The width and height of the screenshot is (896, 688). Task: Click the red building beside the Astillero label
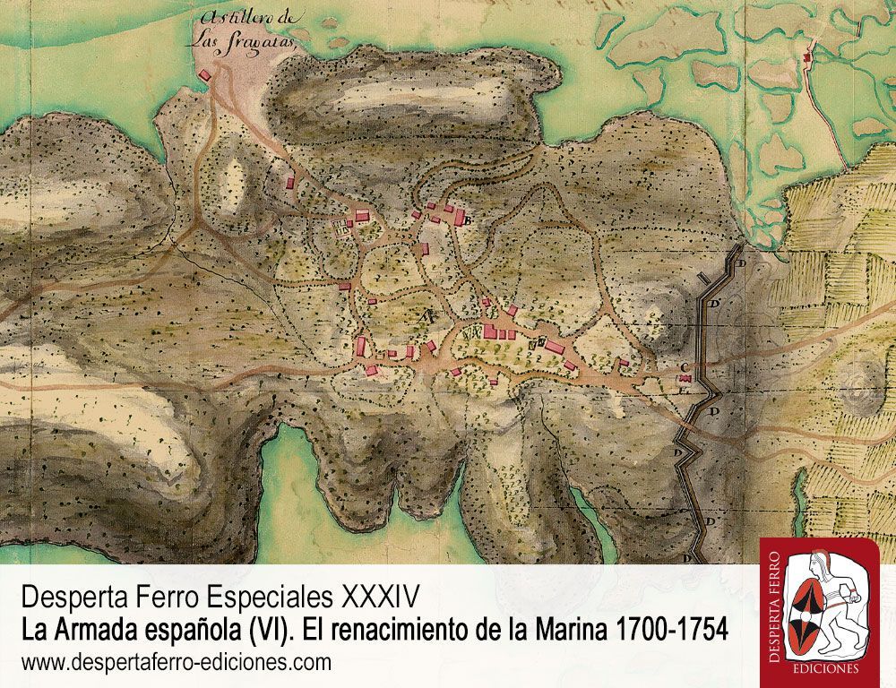tap(205, 75)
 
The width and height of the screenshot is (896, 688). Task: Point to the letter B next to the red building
tap(468, 224)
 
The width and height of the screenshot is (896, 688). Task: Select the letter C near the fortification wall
tap(684, 365)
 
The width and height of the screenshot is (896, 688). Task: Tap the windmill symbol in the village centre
tap(428, 315)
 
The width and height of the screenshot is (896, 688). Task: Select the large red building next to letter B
tap(456, 217)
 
